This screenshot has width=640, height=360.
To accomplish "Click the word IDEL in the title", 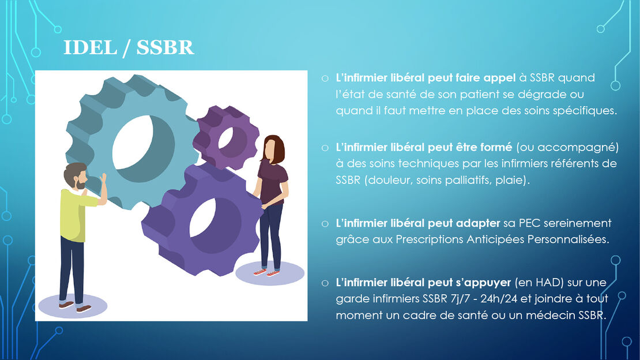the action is click(x=90, y=47).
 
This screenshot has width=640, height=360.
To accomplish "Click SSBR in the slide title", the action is click(x=165, y=47).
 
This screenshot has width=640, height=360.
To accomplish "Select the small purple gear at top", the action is click(x=226, y=137).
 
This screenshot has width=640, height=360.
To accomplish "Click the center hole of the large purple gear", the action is click(x=203, y=218).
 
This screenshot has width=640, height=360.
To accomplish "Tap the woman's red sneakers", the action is click(x=267, y=272).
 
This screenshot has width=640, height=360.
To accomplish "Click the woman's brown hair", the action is click(x=276, y=149).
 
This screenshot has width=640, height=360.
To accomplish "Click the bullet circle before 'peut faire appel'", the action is click(x=325, y=78).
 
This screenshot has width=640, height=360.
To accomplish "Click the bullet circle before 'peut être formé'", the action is click(x=325, y=148).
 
